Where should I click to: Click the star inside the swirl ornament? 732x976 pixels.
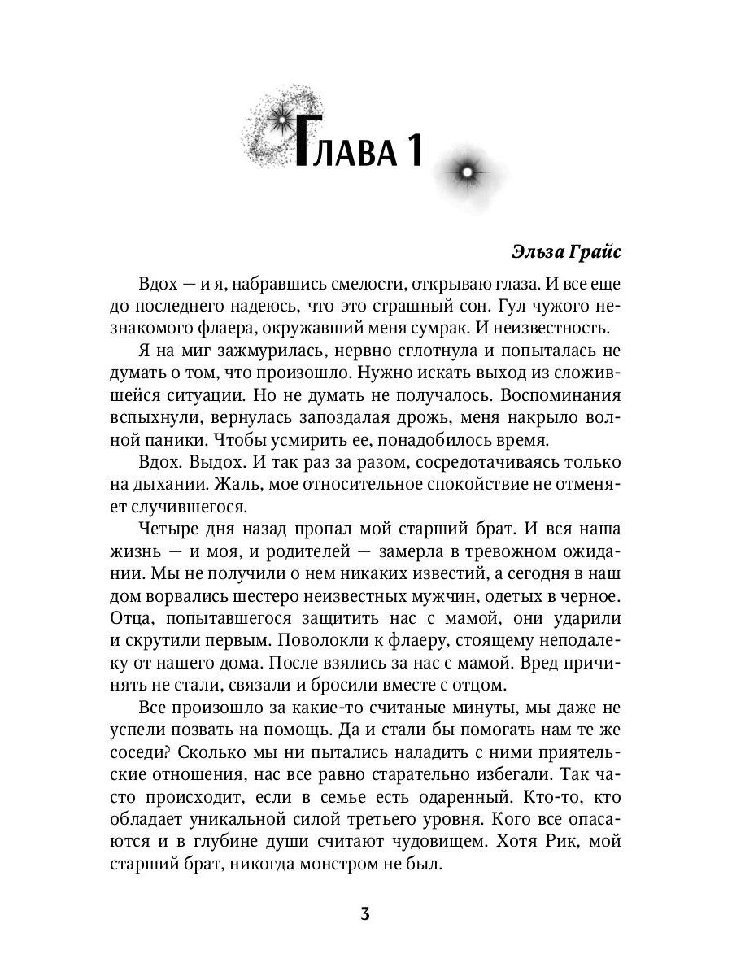281,121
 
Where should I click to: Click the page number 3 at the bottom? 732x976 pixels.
365,913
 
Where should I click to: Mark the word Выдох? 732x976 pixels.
215,462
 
